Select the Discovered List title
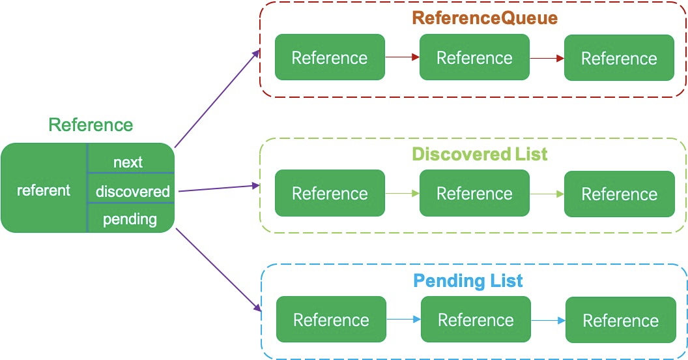(480, 155)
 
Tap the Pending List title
(468, 281)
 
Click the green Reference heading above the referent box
(91, 125)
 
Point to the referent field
(44, 190)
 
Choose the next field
(128, 162)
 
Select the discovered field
(132, 192)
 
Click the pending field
(130, 219)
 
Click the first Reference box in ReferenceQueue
(330, 58)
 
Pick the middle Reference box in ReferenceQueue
(474, 58)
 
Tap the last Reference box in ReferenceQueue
(619, 59)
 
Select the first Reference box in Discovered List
(330, 194)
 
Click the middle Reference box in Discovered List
(474, 194)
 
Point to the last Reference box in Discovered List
(619, 194)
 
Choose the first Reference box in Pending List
(331, 320)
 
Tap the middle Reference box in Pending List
(476, 320)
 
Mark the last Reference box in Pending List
(620, 321)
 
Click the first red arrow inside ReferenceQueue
(402, 58)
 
